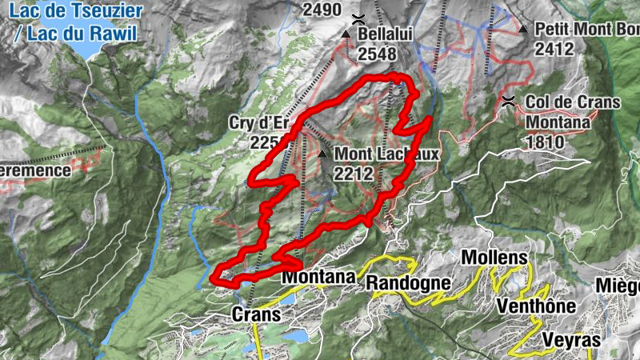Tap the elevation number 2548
point(378,54)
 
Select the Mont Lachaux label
point(387,154)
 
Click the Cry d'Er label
point(257,123)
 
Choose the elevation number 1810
point(546,142)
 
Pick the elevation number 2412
point(555,49)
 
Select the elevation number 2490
point(322,10)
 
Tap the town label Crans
point(256,314)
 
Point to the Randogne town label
point(408,282)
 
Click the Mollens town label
point(494,258)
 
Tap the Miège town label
point(618,286)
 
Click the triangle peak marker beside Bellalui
point(346,35)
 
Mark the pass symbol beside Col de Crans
point(508,102)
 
